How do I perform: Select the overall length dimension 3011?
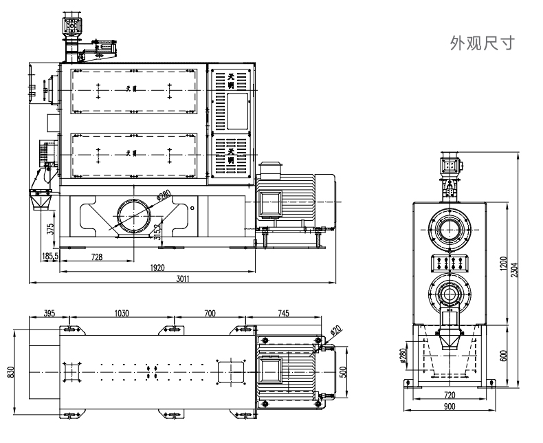(x=182, y=278)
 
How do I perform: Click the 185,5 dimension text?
(x=49, y=256)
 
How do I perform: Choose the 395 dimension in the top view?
(x=49, y=313)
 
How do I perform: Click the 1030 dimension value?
(x=121, y=313)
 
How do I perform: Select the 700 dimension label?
(x=210, y=313)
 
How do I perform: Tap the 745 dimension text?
(x=283, y=313)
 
